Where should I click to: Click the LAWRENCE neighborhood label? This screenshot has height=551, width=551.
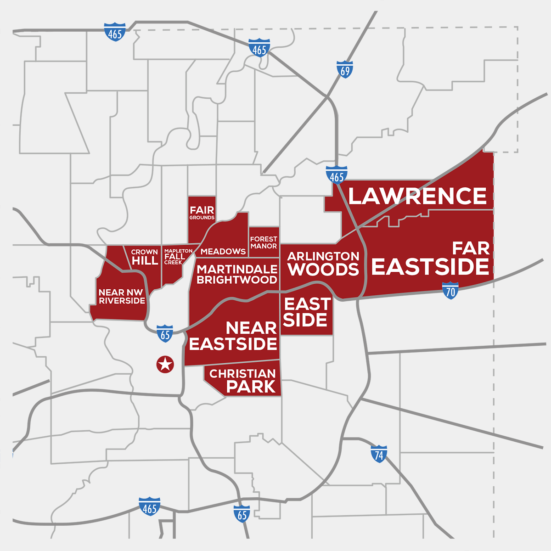417,197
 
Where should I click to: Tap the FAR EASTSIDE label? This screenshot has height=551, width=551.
430,259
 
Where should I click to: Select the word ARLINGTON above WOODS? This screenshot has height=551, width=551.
323,256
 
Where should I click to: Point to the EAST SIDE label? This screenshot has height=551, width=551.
306,312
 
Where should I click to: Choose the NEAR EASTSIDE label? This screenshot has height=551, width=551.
233,336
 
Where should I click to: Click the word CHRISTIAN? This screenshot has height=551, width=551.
242,374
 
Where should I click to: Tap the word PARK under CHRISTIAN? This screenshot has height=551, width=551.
251,387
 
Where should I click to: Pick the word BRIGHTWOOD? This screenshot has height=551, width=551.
237,280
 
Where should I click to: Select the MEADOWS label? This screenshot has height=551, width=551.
223,252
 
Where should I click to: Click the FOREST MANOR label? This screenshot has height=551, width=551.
264,242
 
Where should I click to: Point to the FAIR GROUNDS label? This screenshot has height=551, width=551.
202,213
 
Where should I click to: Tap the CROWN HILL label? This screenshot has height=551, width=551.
145,258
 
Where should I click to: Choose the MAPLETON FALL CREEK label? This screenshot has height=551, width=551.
175,257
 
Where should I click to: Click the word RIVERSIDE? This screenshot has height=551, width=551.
122,301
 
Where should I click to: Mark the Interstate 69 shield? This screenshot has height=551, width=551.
344,69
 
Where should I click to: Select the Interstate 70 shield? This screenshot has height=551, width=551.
450,291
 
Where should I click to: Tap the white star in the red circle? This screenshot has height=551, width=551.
165,365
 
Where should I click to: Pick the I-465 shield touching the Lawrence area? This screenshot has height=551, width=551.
337,175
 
